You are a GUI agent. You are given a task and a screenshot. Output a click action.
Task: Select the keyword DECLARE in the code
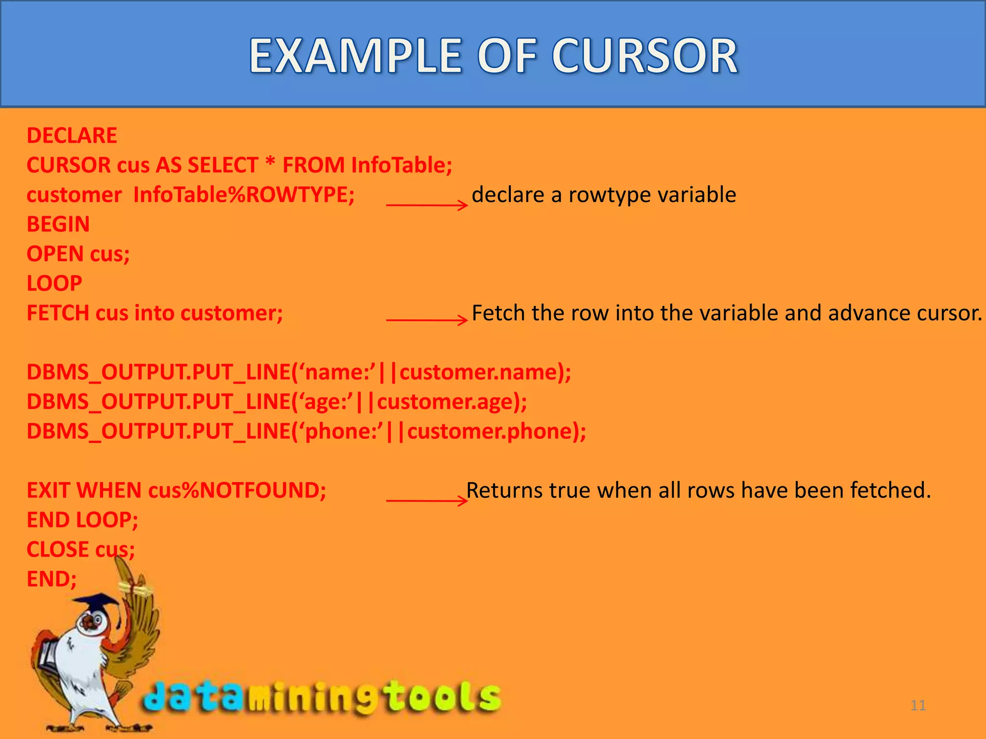click(72, 136)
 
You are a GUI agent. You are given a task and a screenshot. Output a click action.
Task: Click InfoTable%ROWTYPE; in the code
click(244, 195)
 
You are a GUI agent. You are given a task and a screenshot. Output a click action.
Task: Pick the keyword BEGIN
click(58, 224)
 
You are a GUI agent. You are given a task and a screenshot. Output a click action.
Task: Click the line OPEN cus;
click(78, 254)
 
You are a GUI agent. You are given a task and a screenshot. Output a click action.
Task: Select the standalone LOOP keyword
click(54, 283)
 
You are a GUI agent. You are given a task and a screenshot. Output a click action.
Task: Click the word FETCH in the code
click(58, 313)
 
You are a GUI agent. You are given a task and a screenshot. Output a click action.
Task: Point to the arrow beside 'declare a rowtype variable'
click(427, 205)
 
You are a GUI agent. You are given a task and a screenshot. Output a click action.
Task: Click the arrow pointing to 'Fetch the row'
click(427, 320)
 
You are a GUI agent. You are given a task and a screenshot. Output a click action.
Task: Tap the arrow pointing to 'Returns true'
click(427, 501)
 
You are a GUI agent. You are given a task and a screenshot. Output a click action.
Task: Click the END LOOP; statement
click(82, 520)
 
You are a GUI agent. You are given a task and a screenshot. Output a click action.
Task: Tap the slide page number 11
click(918, 705)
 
